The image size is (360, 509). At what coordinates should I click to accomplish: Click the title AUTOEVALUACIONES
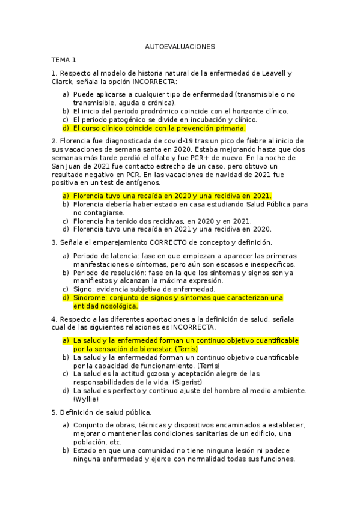[180, 46]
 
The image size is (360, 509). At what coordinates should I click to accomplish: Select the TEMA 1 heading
[64, 60]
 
